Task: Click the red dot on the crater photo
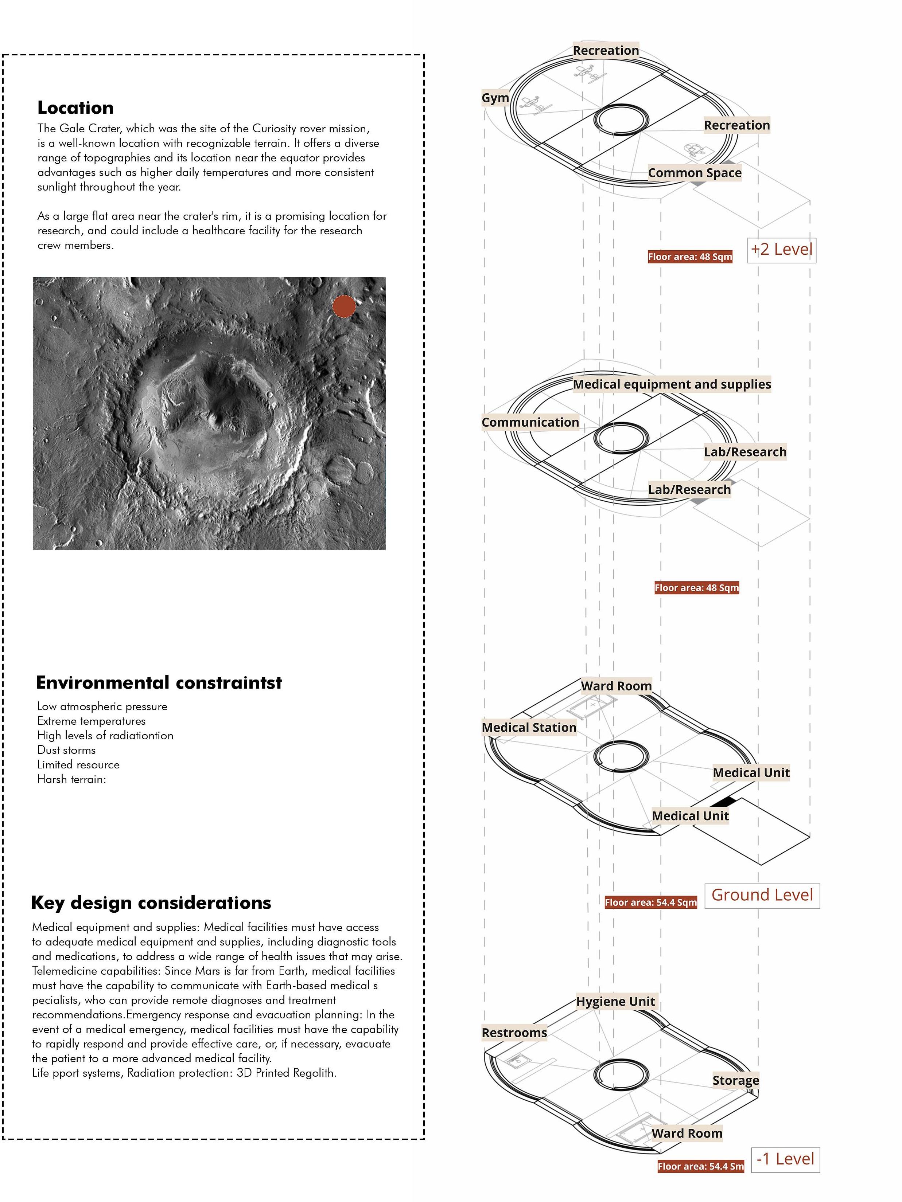(x=343, y=306)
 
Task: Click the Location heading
(x=75, y=107)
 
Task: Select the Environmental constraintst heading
(x=159, y=682)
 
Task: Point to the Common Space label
(x=694, y=173)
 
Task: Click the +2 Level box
(x=781, y=250)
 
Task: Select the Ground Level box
(x=762, y=895)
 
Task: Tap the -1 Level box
(x=785, y=1160)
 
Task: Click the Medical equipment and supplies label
(x=672, y=384)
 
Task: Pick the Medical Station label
(x=529, y=727)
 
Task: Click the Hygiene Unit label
(x=615, y=1002)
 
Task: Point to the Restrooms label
(x=514, y=1033)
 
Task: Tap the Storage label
(x=736, y=1080)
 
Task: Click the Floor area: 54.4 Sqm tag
(x=650, y=903)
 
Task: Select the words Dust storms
(x=66, y=750)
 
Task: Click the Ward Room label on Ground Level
(x=616, y=686)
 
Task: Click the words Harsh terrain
(x=71, y=779)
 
